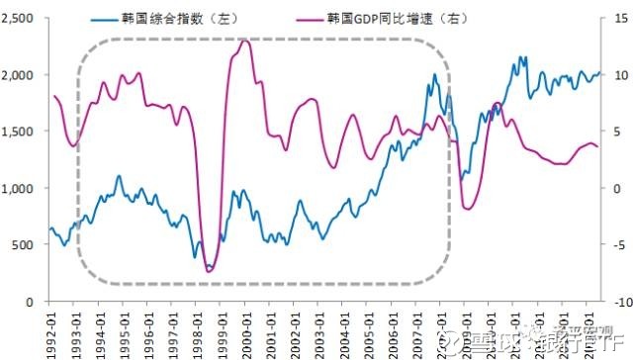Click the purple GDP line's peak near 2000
pyautogui.click(x=245, y=41)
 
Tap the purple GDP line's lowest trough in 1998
pyautogui.click(x=210, y=270)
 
